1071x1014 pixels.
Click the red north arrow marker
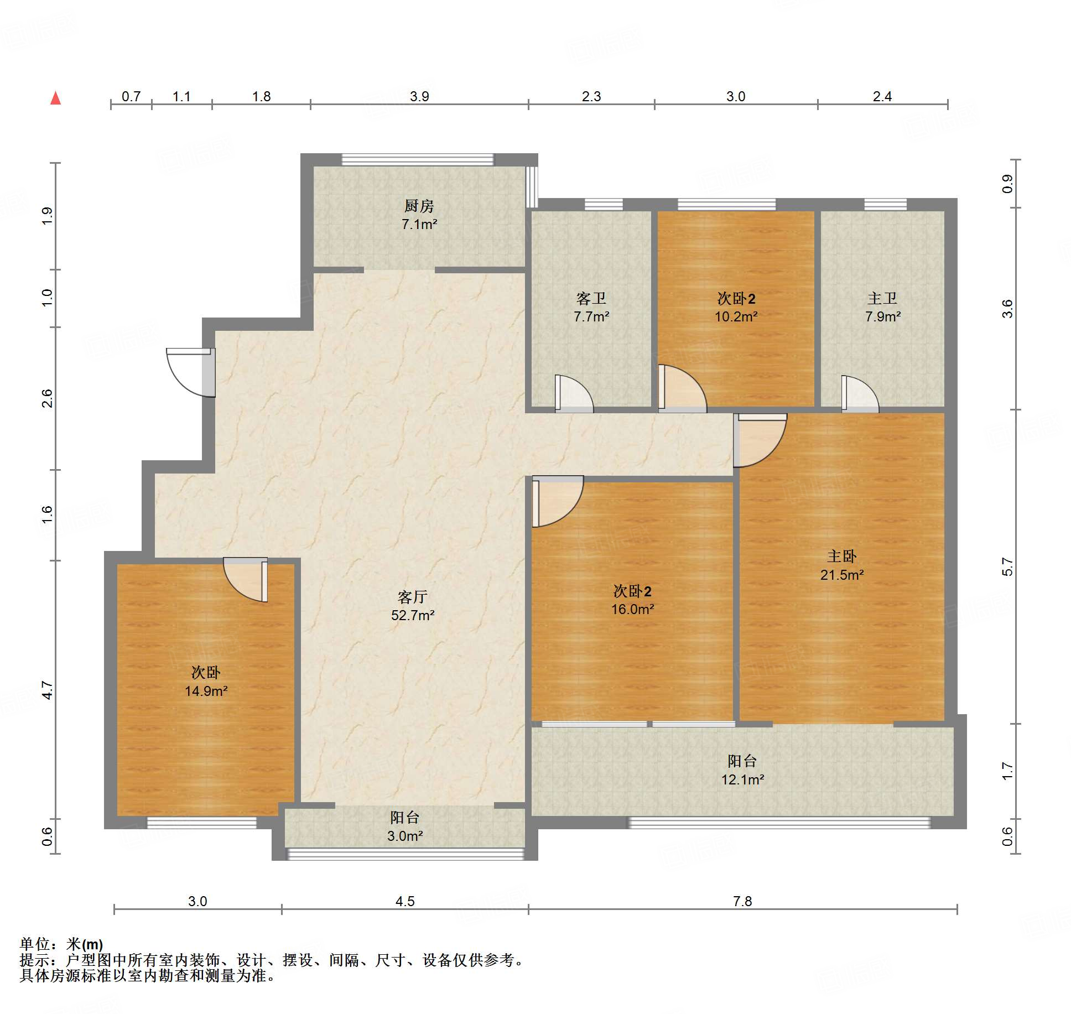pyautogui.click(x=55, y=98)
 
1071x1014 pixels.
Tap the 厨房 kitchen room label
pyautogui.click(x=419, y=206)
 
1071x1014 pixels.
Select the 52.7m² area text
pyautogui.click(x=413, y=615)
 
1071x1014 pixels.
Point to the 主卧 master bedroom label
pyautogui.click(x=841, y=557)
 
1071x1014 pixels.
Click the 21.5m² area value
pyautogui.click(x=842, y=575)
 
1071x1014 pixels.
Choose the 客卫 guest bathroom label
pyautogui.click(x=591, y=299)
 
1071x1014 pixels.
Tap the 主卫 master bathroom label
pyautogui.click(x=882, y=299)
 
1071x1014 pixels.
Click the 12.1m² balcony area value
pyautogui.click(x=742, y=779)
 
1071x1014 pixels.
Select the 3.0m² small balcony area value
pyautogui.click(x=405, y=836)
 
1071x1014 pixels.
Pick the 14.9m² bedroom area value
pyautogui.click(x=206, y=691)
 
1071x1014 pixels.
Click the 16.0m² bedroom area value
pyautogui.click(x=632, y=609)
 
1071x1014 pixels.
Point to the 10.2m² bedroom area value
pyautogui.click(x=736, y=316)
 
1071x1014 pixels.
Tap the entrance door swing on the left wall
pyautogui.click(x=190, y=372)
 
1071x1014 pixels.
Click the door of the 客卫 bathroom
pyautogui.click(x=574, y=393)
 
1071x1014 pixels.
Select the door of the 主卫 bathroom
pyautogui.click(x=860, y=394)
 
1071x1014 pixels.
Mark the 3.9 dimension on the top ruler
pyautogui.click(x=419, y=96)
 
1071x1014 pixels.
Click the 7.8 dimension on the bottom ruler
pyautogui.click(x=742, y=901)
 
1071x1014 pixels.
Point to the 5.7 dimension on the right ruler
pyautogui.click(x=1007, y=567)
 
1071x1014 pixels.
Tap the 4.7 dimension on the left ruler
pyautogui.click(x=48, y=690)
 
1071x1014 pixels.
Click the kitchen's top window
pyautogui.click(x=418, y=159)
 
